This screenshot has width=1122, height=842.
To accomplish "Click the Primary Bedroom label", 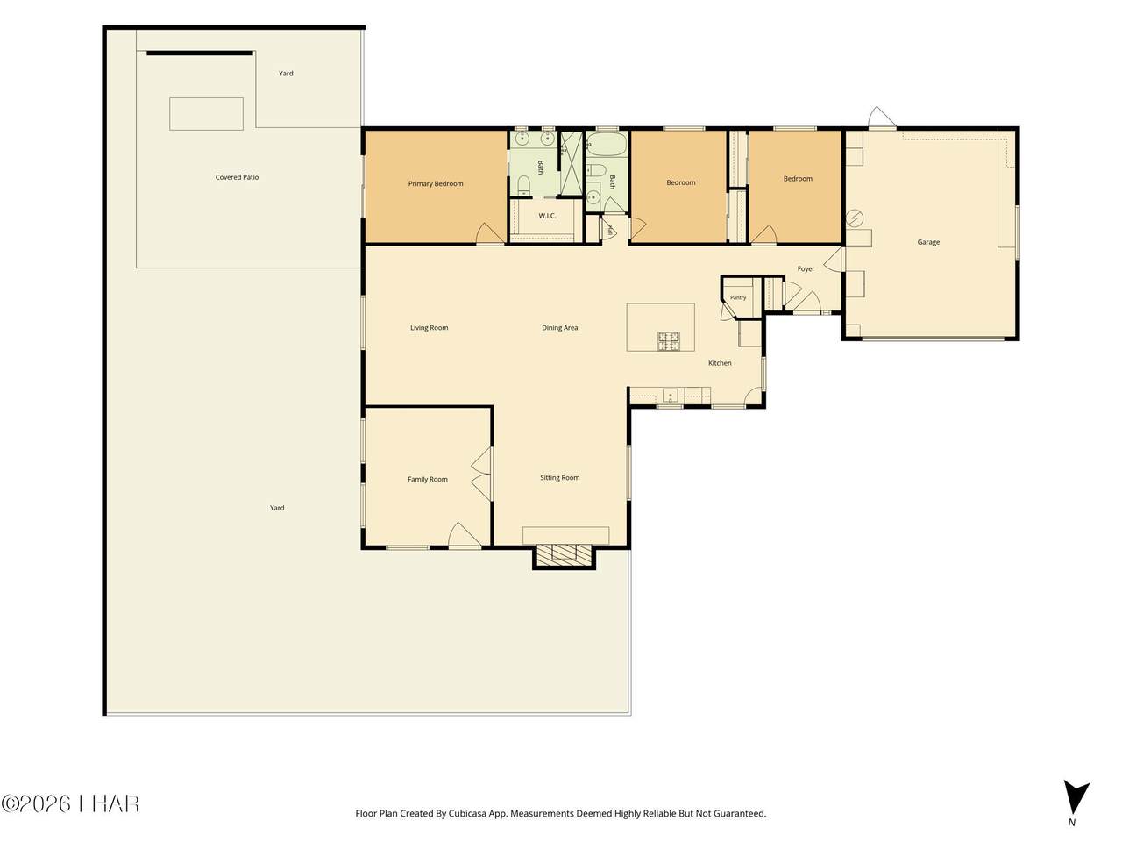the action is [436, 183].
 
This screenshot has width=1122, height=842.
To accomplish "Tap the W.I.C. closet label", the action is [547, 216].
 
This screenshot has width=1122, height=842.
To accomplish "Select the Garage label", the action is [928, 242].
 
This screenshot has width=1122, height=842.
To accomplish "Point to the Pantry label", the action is [738, 297].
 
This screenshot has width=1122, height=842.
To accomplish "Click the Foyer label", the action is [806, 269].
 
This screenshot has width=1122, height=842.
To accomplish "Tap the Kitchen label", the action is [720, 363].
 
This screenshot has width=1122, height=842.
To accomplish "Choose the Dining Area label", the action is [560, 328].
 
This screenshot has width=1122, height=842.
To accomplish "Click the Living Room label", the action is [430, 328].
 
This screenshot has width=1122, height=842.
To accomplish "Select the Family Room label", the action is [428, 479].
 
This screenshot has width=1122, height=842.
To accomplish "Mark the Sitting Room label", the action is [560, 477].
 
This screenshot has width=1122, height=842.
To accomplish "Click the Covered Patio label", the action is [238, 177].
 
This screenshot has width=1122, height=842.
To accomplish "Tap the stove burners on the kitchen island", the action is [669, 341].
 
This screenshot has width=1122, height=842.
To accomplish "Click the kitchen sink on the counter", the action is [671, 396].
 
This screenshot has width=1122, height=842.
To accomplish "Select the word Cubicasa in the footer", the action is [466, 813].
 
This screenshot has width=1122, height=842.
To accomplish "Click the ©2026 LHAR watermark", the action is [70, 804].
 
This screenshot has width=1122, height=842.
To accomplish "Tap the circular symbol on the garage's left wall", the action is [855, 218].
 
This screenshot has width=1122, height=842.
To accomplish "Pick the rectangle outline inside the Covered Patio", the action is [207, 113].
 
